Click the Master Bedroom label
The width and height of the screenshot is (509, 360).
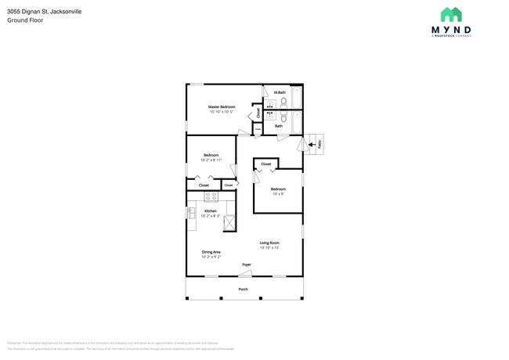[222, 106]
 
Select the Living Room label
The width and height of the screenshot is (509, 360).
[269, 243]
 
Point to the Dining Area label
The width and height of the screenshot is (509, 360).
[211, 251]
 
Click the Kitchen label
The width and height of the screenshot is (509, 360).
[211, 211]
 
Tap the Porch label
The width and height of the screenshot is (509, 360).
[244, 289]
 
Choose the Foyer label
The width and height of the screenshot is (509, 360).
[247, 265]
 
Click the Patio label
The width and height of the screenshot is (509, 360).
[320, 142]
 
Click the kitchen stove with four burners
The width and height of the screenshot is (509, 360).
[211, 197]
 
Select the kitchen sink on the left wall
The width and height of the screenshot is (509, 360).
[190, 213]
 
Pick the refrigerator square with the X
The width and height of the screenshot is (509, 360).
[229, 223]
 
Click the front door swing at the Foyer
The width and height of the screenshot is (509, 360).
[246, 273]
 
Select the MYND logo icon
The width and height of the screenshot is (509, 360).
[450, 15]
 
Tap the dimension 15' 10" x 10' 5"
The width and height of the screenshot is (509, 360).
[222, 112]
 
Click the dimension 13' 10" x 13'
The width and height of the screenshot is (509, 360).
[269, 248]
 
